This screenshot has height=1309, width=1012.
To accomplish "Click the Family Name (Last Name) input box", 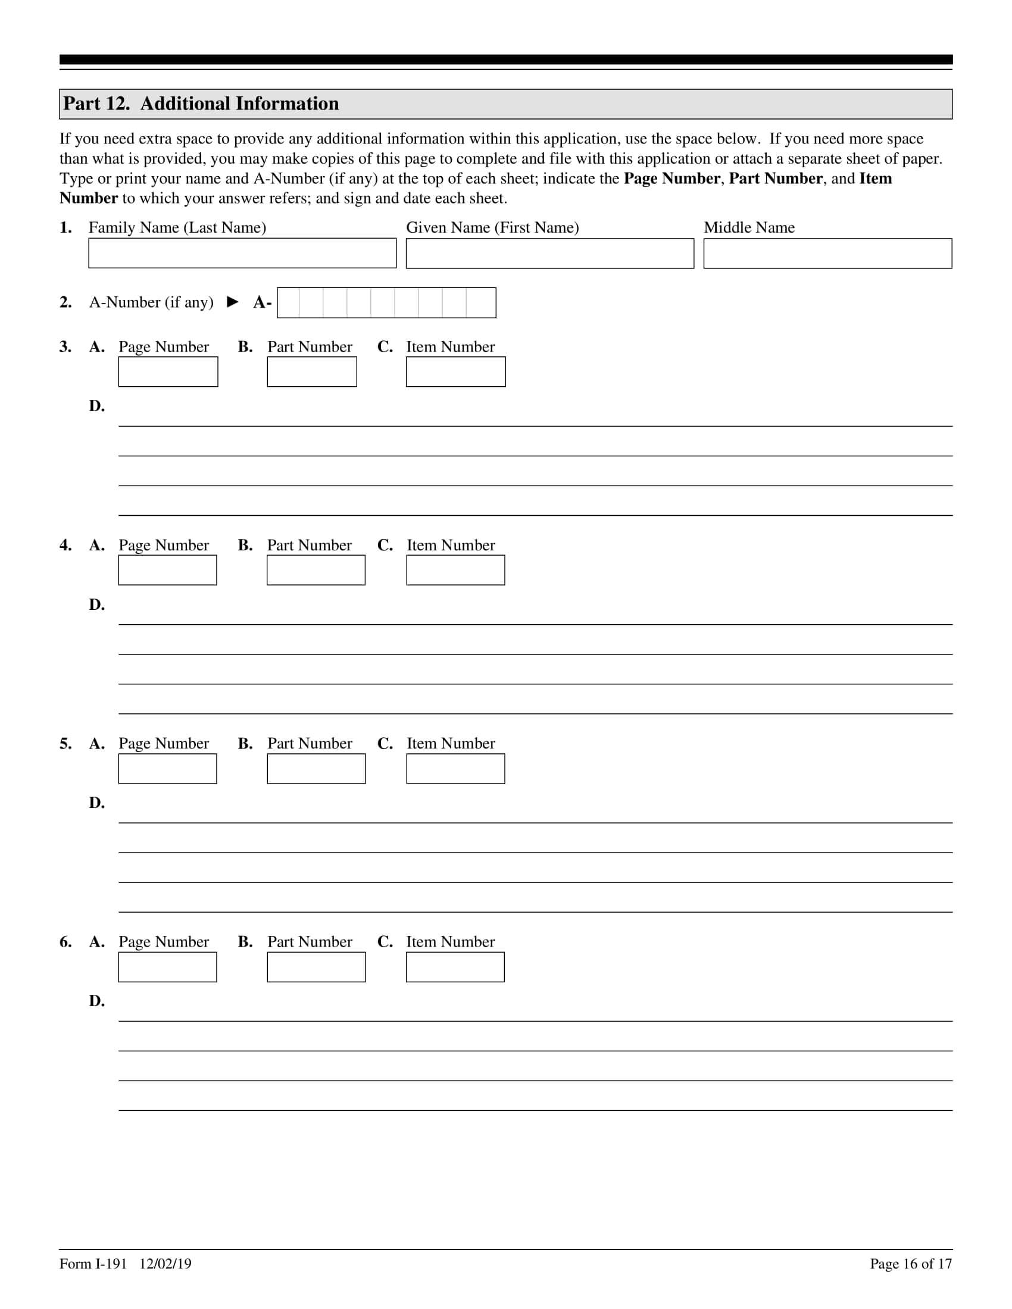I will (242, 253).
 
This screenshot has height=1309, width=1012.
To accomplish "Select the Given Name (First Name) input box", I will (550, 253).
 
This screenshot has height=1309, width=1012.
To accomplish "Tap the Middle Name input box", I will (827, 253).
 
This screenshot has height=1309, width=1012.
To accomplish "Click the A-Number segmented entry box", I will (387, 303).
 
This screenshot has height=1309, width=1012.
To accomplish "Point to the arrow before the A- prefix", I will (233, 302).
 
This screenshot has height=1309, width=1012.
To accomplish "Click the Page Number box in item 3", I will (168, 372).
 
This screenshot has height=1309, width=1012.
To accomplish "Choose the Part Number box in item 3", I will (312, 372).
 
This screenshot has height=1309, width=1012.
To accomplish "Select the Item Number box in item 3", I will (455, 372).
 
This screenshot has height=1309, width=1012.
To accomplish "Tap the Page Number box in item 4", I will (167, 570).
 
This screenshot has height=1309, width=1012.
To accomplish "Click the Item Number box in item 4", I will (455, 570).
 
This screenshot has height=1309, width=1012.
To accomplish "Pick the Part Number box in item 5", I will (316, 768).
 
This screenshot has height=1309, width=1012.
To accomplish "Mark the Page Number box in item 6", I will (167, 967).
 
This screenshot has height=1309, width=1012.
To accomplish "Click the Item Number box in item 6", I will (455, 967).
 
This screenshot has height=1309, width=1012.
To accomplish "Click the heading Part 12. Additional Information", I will (201, 104).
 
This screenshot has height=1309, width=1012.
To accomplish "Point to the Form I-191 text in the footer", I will (93, 1264).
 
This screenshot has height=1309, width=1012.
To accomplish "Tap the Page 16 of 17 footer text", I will (911, 1264).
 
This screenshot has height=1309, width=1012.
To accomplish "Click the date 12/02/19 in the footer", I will (165, 1264).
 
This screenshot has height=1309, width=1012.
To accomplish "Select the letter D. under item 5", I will (96, 803).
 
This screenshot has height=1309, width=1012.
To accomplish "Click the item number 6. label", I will (65, 942).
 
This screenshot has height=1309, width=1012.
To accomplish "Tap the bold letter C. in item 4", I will (385, 545).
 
